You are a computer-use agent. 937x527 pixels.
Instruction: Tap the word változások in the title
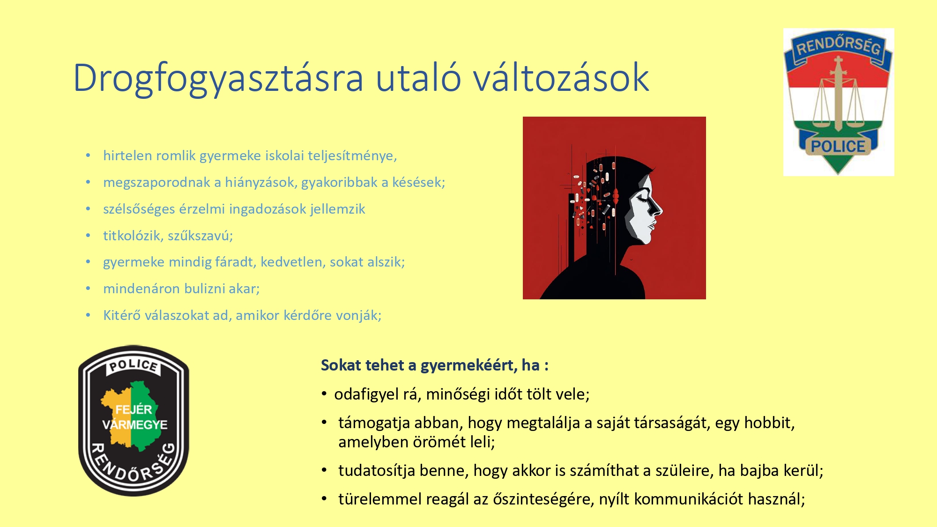561,77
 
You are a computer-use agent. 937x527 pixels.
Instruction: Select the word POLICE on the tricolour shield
838,146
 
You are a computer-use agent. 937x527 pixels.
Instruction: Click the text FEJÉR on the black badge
134,409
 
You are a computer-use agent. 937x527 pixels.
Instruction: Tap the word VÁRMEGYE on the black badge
135,424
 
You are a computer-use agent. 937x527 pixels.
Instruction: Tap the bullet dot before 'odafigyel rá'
324,394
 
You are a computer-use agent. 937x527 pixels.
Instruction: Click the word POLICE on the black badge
134,365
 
